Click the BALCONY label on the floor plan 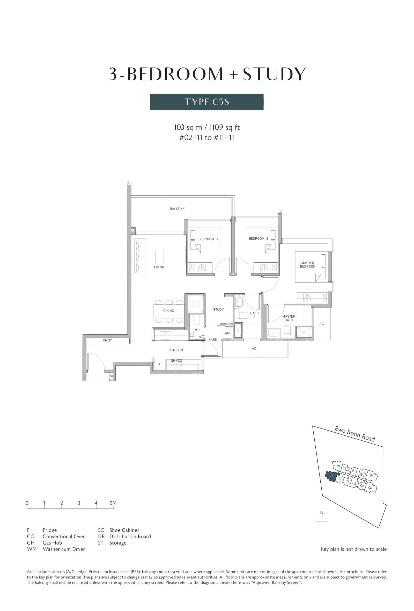pyautogui.click(x=177, y=209)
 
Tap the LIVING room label pyautogui.click(x=159, y=267)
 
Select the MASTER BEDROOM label pyautogui.click(x=308, y=264)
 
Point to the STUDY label pyautogui.click(x=218, y=309)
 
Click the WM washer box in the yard pyautogui.click(x=227, y=333)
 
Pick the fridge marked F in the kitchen pyautogui.click(x=160, y=364)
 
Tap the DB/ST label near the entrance pyautogui.click(x=107, y=340)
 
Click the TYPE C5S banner pyautogui.click(x=206, y=102)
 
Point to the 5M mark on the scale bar pyautogui.click(x=113, y=503)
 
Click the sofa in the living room pyautogui.click(x=139, y=257)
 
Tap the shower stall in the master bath pyautogui.click(x=304, y=332)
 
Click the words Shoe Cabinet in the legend pyautogui.click(x=124, y=530)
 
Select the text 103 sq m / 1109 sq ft pyautogui.click(x=206, y=127)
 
